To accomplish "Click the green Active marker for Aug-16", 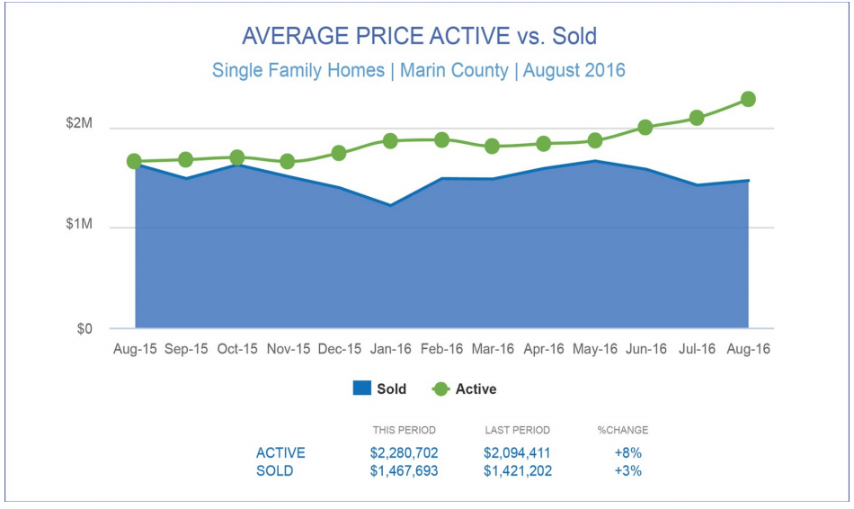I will click(x=748, y=99).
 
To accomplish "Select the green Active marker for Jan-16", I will click(x=390, y=141).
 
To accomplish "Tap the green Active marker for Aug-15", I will click(x=135, y=162).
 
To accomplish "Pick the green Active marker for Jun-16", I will click(x=645, y=128).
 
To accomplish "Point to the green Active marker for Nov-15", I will click(x=288, y=162).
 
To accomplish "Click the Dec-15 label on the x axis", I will click(x=340, y=349).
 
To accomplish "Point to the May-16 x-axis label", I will click(x=595, y=349).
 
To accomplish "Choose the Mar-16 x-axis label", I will click(x=493, y=349).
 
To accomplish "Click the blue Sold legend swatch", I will click(x=361, y=389).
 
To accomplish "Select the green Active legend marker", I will click(x=440, y=389).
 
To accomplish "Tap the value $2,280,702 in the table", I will click(x=404, y=453).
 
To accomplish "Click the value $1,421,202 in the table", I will click(x=517, y=470).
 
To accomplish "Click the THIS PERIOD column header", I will click(x=404, y=430).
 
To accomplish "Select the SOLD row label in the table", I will click(x=275, y=470).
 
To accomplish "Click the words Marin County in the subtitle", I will click(x=454, y=70).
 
